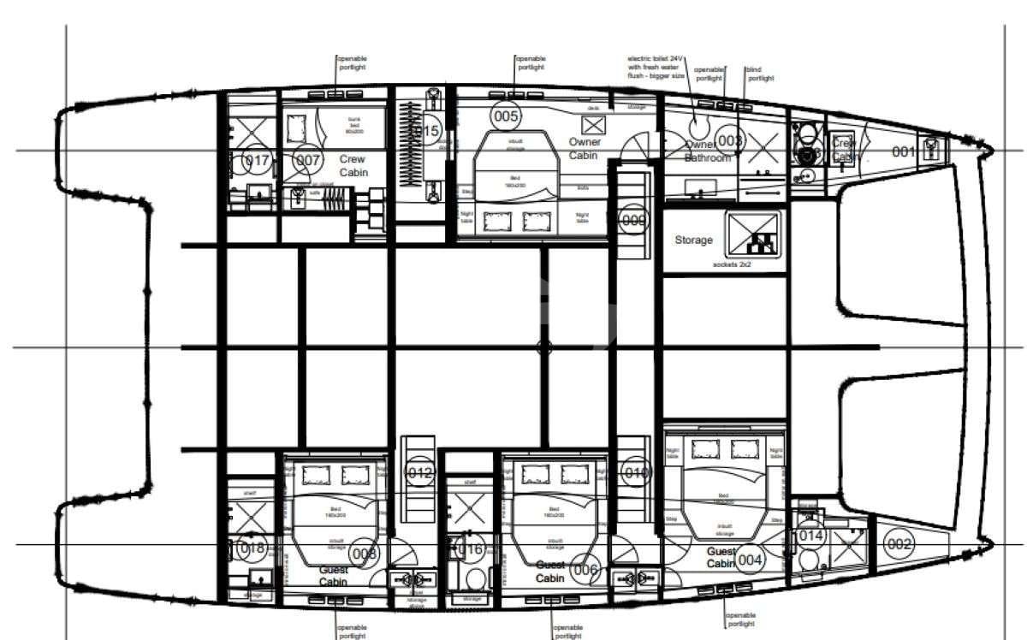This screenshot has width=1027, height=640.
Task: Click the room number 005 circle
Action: (x=506, y=116)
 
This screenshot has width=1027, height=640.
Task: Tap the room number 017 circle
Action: (x=257, y=160)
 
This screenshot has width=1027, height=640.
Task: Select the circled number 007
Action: (x=308, y=160)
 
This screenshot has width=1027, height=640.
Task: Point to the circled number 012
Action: (x=420, y=472)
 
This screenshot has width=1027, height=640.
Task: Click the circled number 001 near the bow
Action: (x=904, y=152)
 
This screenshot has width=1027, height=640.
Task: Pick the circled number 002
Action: (x=899, y=544)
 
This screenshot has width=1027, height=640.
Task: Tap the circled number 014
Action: (x=810, y=536)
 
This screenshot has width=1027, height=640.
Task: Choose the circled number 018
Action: (x=252, y=548)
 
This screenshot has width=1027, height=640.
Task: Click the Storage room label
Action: (x=693, y=240)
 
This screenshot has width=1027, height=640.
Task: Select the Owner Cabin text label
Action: (x=584, y=149)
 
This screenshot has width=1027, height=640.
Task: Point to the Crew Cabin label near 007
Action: (x=353, y=166)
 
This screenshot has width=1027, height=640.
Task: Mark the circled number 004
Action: (x=750, y=560)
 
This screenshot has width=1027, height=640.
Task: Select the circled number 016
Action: (x=472, y=549)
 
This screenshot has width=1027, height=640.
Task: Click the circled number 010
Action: (x=636, y=472)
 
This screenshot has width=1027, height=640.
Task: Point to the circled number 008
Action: (x=365, y=554)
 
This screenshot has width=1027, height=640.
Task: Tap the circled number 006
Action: (x=586, y=570)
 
